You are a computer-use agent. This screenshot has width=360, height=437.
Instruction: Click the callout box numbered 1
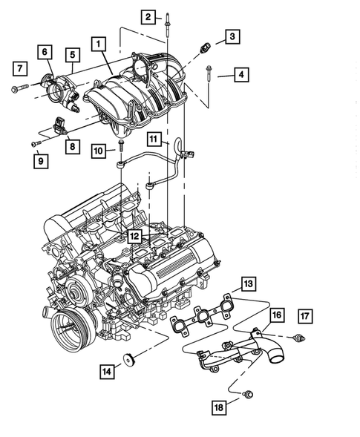tap(99, 44)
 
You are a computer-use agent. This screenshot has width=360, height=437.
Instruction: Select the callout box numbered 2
tap(148, 17)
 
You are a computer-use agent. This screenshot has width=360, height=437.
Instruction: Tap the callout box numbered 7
tap(20, 68)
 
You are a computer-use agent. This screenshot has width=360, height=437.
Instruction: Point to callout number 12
tap(134, 236)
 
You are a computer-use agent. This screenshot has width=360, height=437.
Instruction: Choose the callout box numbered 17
tap(305, 316)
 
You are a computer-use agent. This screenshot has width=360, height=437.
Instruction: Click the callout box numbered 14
tap(107, 371)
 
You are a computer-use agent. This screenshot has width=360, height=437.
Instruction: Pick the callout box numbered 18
tap(219, 407)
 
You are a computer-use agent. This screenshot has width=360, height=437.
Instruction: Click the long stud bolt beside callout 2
tap(168, 25)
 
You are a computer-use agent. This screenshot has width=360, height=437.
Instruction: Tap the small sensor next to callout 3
tap(204, 47)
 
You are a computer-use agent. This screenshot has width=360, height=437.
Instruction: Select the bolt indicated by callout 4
tap(209, 73)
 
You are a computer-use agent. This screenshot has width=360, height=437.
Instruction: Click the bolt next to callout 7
tap(20, 88)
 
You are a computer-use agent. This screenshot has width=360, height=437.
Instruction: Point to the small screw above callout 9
tap(36, 143)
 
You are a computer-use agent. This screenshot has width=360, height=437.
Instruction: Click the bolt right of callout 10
tap(121, 146)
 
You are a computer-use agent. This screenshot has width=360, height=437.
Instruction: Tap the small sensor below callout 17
tap(300, 339)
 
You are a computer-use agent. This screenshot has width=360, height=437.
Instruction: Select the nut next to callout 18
tap(247, 394)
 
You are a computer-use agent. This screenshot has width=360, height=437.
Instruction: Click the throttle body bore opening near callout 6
tap(56, 92)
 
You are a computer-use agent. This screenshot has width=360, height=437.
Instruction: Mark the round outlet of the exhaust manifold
tap(276, 355)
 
